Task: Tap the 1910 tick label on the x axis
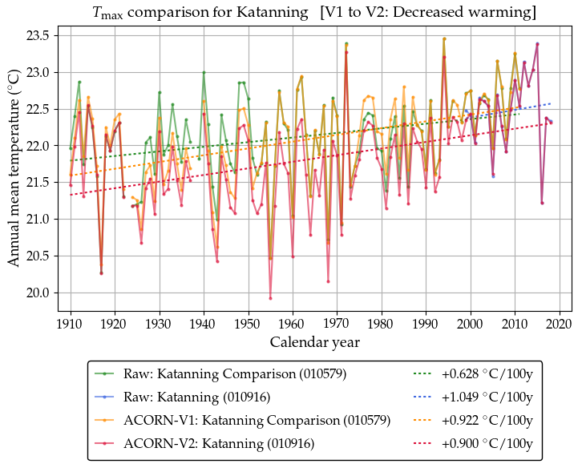tap(71, 324)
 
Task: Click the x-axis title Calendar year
tap(315, 342)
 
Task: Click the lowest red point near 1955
tap(270, 298)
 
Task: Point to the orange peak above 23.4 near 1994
tap(444, 38)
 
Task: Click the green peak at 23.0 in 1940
tap(204, 72)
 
